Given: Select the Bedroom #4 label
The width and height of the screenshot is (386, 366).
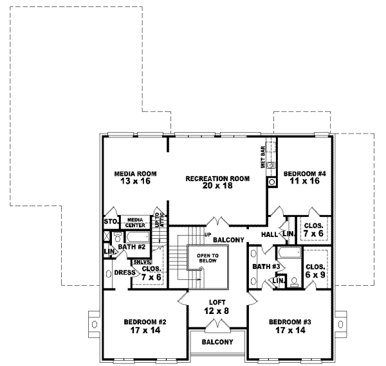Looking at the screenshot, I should click(x=300, y=178).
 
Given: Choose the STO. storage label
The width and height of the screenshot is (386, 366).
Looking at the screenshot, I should click(x=109, y=222).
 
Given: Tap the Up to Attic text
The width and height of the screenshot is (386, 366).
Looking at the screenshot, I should click(x=159, y=220).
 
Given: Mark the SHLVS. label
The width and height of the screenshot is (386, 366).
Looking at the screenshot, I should click(x=141, y=262).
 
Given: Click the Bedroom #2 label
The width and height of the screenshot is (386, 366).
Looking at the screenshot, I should click(x=136, y=326).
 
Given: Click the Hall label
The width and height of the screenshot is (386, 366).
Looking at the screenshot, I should click(x=269, y=234).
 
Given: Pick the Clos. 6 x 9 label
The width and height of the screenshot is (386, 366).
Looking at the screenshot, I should click(x=315, y=270).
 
